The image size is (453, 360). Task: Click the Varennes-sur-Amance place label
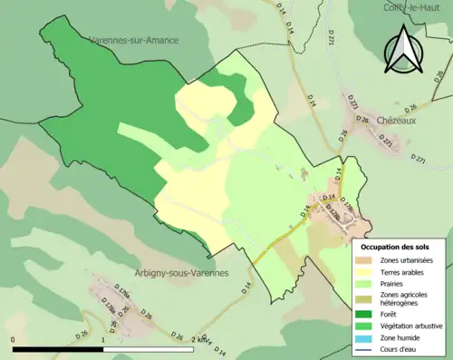point(133,41)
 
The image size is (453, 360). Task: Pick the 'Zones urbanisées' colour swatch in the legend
point(368,260)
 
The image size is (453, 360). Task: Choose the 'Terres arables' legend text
point(405,271)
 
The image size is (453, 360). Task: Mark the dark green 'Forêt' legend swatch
point(368,315)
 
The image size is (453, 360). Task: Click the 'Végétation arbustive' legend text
point(413,326)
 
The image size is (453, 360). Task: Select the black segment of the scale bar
point(59,348)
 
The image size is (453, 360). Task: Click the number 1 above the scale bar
point(103,341)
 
